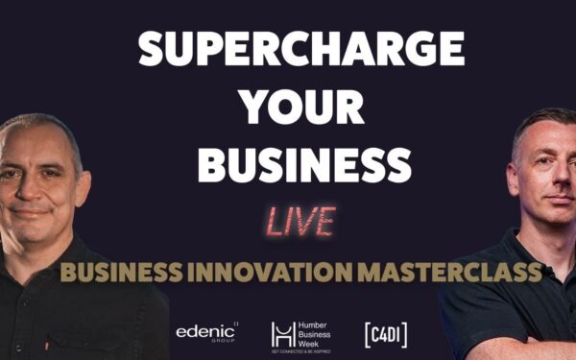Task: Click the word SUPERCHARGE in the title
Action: (x=301, y=48)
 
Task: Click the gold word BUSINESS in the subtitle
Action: (x=128, y=272)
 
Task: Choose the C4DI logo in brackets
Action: (x=385, y=333)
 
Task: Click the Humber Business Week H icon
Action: (x=281, y=333)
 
